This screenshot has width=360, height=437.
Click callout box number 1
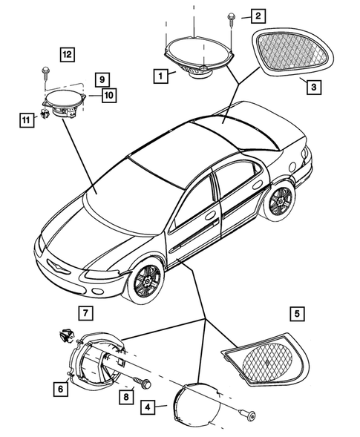(x=159, y=75)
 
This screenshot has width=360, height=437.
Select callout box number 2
(x=258, y=16)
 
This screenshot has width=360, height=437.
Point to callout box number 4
(x=149, y=407)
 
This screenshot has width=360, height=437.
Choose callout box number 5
(x=296, y=314)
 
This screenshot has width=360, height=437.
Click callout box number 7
(x=87, y=312)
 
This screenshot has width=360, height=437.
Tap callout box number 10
(x=109, y=95)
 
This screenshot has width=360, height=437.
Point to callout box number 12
(x=68, y=54)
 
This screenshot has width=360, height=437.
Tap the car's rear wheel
(x=280, y=200)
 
